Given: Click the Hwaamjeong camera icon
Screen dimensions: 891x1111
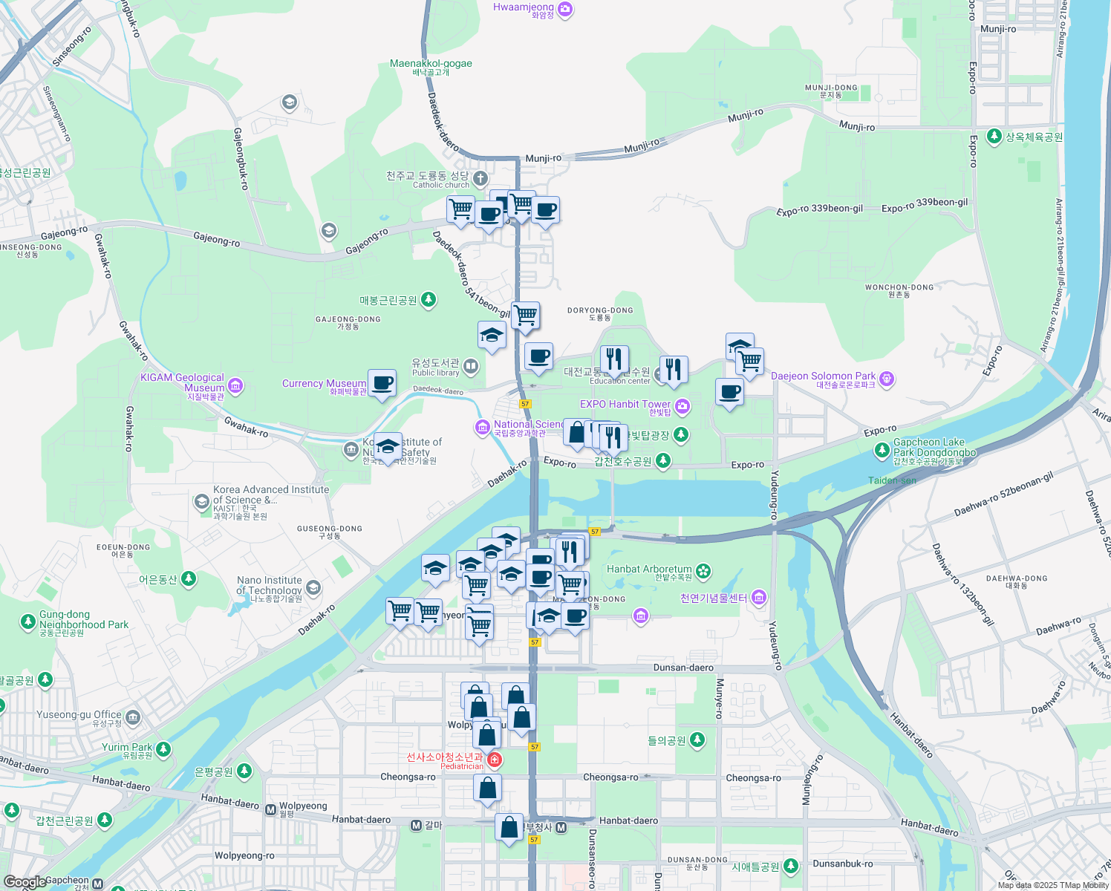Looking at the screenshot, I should click(x=565, y=9).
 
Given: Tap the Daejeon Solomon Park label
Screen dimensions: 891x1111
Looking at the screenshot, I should click(x=823, y=376).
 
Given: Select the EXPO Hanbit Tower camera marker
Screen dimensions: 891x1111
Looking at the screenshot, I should click(x=682, y=405).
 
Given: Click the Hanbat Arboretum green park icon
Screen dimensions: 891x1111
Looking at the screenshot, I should click(x=703, y=571).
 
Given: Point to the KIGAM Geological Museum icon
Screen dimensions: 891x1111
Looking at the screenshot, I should click(x=235, y=385).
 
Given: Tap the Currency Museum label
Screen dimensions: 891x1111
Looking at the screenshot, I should click(x=324, y=384).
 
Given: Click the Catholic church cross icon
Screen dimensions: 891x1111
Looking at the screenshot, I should click(x=480, y=178).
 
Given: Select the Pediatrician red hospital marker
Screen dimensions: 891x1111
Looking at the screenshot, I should click(x=494, y=760).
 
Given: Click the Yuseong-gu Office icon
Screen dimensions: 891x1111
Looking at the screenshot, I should click(x=133, y=717).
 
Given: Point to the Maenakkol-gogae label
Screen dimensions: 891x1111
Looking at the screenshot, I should click(x=431, y=64).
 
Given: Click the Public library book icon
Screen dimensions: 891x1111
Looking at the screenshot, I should click(x=470, y=366).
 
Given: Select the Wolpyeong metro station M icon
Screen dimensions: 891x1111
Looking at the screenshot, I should click(x=270, y=809).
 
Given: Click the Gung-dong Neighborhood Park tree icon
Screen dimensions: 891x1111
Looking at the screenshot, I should click(x=28, y=621).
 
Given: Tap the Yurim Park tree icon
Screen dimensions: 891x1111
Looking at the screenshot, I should click(x=163, y=749).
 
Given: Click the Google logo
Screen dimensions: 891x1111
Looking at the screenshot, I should click(x=25, y=882).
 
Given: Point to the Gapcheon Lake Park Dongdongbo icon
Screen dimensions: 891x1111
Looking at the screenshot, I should click(x=882, y=450).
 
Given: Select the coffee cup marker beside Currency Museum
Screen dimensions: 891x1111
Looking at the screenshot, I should click(x=382, y=384).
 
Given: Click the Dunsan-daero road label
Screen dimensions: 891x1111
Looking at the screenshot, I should click(x=683, y=668).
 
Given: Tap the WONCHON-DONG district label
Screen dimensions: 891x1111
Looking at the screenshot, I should click(x=899, y=287).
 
